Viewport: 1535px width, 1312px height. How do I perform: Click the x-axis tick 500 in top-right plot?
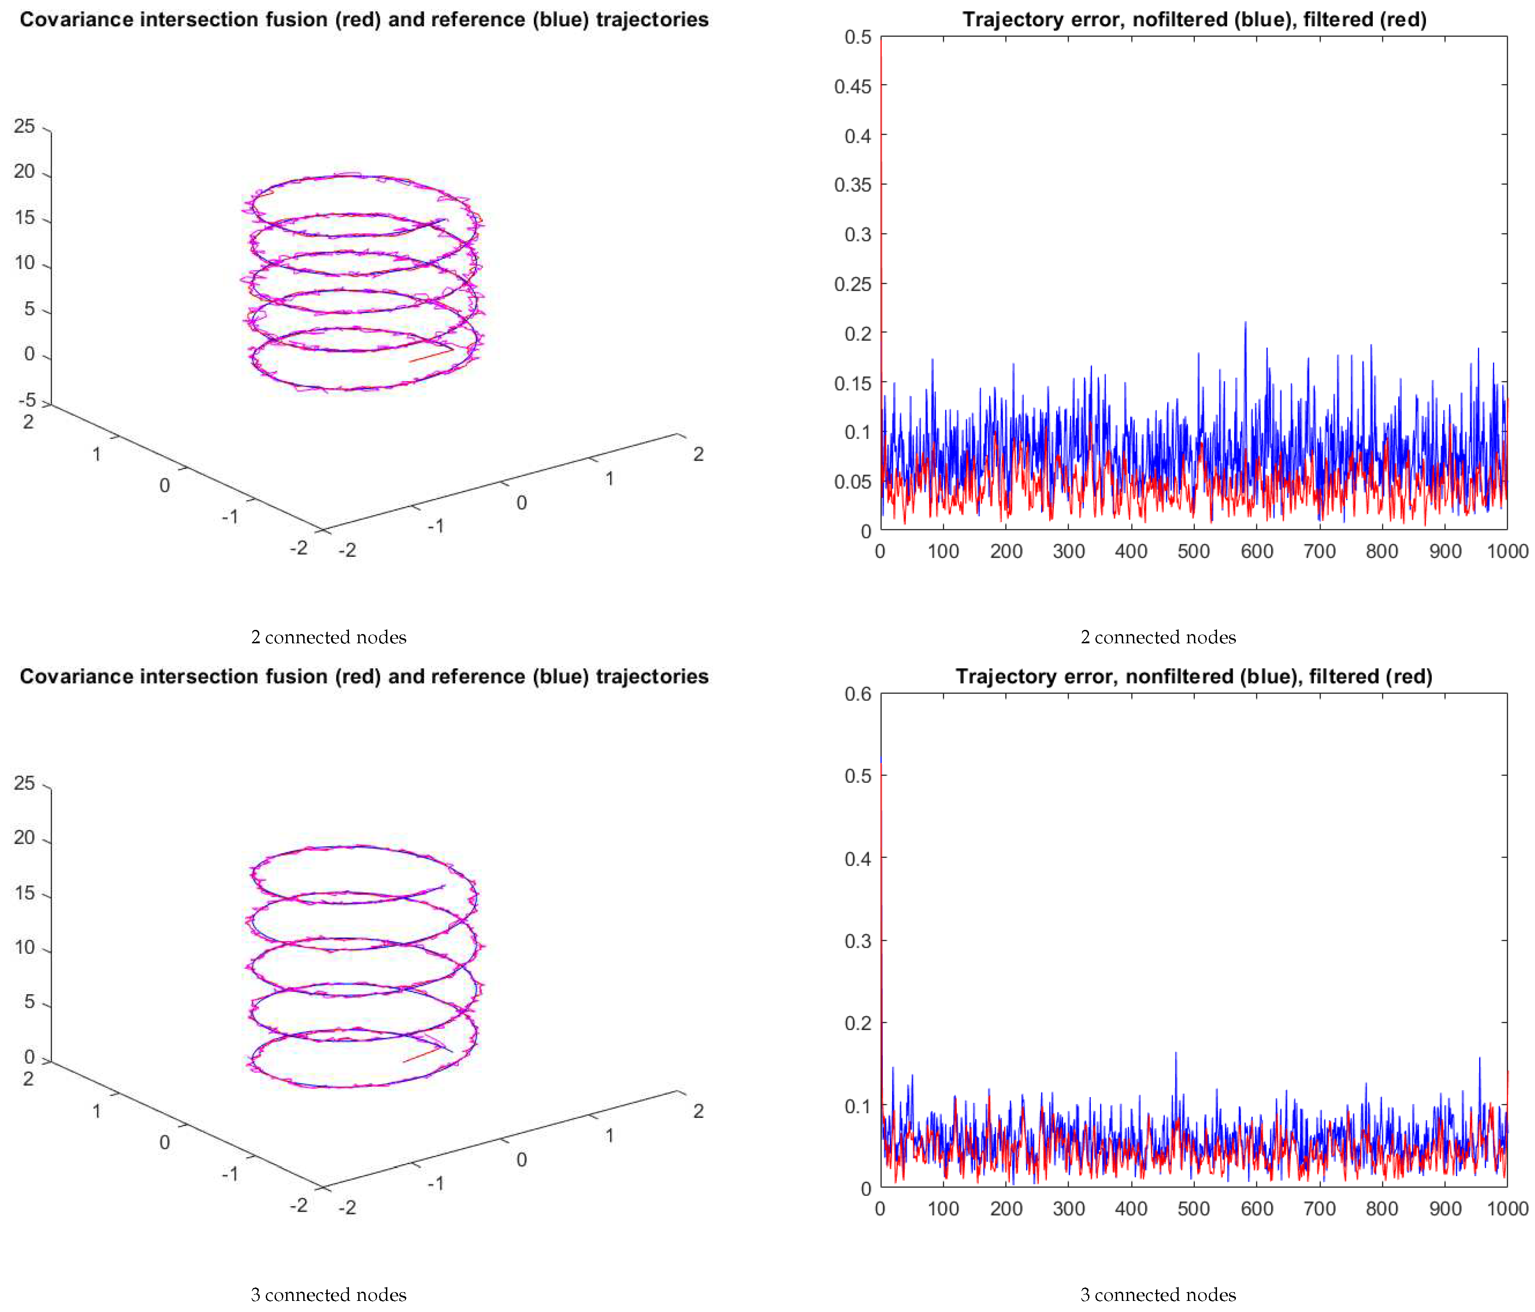[x=1193, y=551]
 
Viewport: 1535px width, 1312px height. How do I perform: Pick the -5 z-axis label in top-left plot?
[x=27, y=400]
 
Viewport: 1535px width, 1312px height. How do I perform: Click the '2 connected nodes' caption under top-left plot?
[x=328, y=637]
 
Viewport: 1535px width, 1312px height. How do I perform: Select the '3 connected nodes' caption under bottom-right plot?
[x=1157, y=1294]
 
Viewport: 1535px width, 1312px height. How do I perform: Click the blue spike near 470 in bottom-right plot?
[x=1175, y=1054]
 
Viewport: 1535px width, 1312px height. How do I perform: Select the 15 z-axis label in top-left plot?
[x=24, y=217]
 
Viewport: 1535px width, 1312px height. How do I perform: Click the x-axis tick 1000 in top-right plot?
[x=1507, y=551]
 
